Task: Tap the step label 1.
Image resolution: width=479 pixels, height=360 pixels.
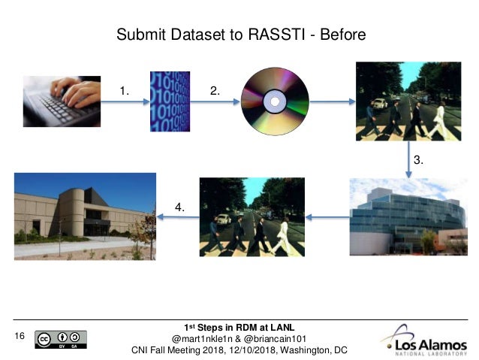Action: pos(125,91)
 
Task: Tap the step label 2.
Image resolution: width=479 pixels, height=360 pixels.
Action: pos(215,91)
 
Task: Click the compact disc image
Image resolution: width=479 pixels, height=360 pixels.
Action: pos(275,101)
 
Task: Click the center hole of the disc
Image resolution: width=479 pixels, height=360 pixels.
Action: pos(275,101)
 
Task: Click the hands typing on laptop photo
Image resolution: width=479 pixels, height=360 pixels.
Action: pos(62,101)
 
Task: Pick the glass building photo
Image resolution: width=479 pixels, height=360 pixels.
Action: pos(408,217)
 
